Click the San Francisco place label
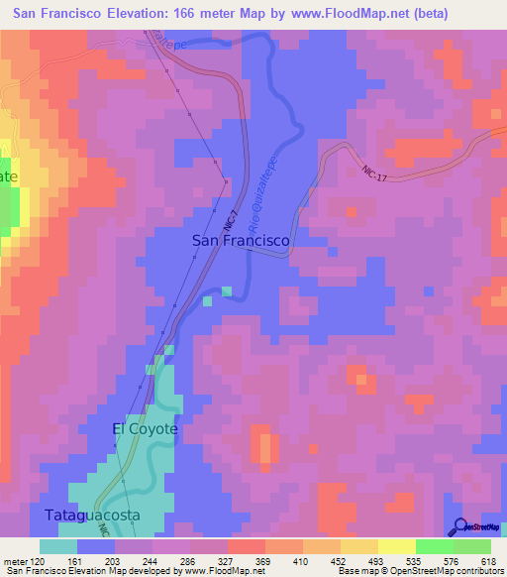pos(240,241)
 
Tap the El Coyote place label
pos(145,428)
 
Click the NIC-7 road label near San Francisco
pos(229,219)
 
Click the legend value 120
pos(39,562)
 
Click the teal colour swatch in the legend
pos(58,546)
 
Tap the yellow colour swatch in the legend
pos(396,546)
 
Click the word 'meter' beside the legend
pos(14,562)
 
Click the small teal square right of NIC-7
pos(227,291)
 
